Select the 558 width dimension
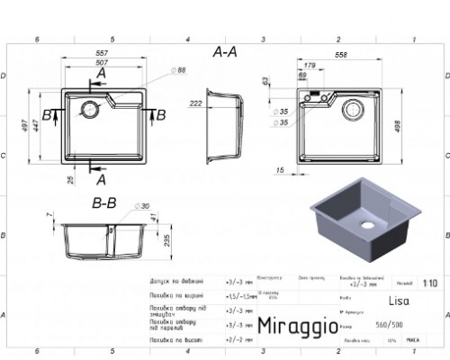pyautogui.click(x=339, y=55)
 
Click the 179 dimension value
pyautogui.click(x=310, y=67)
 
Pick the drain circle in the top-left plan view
pyautogui.click(x=90, y=111)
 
